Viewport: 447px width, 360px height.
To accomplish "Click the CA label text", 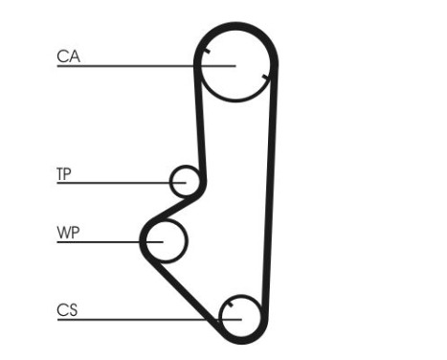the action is click(x=68, y=56).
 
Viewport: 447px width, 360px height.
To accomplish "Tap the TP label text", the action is click(x=64, y=174).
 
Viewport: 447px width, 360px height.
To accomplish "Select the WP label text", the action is click(x=68, y=233).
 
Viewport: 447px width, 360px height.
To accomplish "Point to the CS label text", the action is click(x=67, y=309).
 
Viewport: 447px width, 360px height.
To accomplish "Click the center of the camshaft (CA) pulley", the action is click(x=235, y=65).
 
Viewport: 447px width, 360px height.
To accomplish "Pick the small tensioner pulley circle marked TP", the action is click(x=185, y=180).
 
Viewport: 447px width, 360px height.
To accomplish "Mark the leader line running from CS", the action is click(x=144, y=318).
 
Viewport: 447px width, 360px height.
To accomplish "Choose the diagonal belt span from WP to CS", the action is click(x=187, y=287).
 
